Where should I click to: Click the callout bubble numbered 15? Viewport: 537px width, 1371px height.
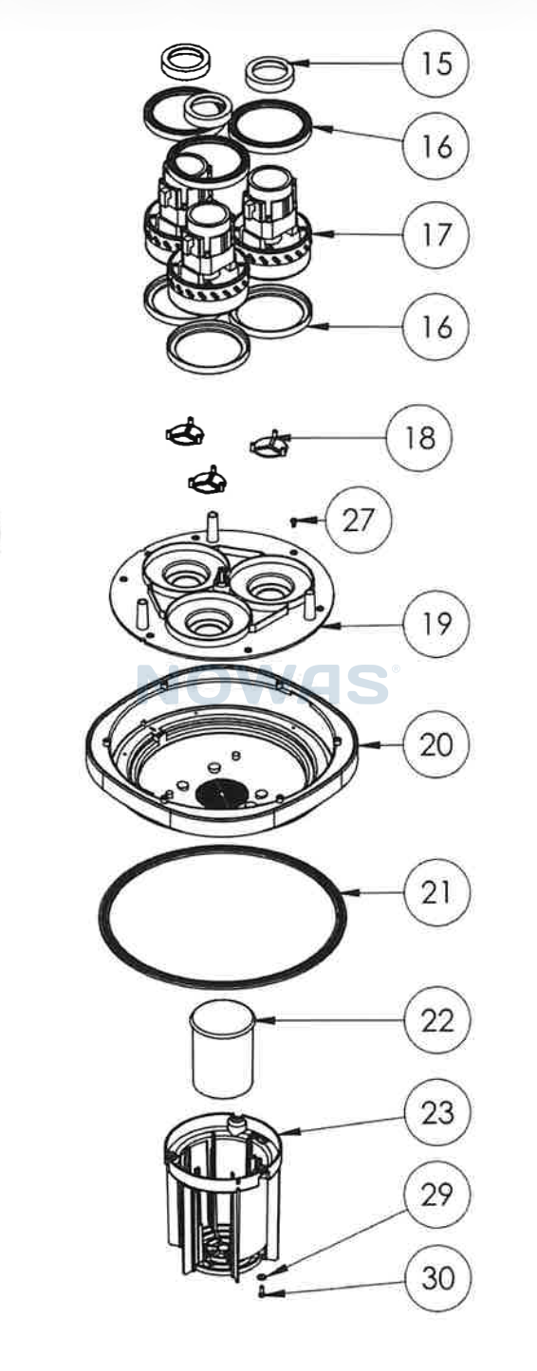point(436,63)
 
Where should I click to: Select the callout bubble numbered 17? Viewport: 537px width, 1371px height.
point(436,234)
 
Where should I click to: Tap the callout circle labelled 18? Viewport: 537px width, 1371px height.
point(419,438)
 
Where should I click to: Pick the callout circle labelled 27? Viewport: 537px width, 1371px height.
point(359,521)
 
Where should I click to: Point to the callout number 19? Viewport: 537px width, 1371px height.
point(436,624)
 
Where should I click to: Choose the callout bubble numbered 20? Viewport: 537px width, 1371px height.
point(436,745)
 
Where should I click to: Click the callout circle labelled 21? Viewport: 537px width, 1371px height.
point(436,892)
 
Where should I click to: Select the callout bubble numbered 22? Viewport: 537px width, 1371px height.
point(436,1021)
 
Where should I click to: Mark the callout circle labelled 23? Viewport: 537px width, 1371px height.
point(436,1112)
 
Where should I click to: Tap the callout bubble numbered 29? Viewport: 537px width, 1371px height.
point(436,1194)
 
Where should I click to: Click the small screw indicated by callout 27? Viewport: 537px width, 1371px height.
point(295,521)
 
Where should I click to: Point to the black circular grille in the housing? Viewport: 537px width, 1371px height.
point(221,795)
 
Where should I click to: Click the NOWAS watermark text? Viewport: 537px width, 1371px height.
point(263,684)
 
